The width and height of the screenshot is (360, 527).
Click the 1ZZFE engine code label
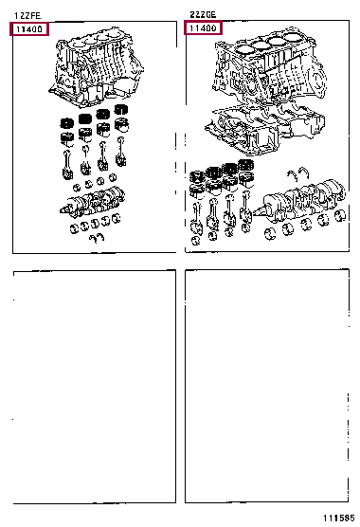[27, 15]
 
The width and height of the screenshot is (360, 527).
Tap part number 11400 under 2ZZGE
[203, 29]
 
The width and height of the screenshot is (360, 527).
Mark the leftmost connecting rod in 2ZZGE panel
[199, 213]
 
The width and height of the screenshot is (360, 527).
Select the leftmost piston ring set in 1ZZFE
[67, 123]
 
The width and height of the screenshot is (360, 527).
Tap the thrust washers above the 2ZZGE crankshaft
[303, 171]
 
